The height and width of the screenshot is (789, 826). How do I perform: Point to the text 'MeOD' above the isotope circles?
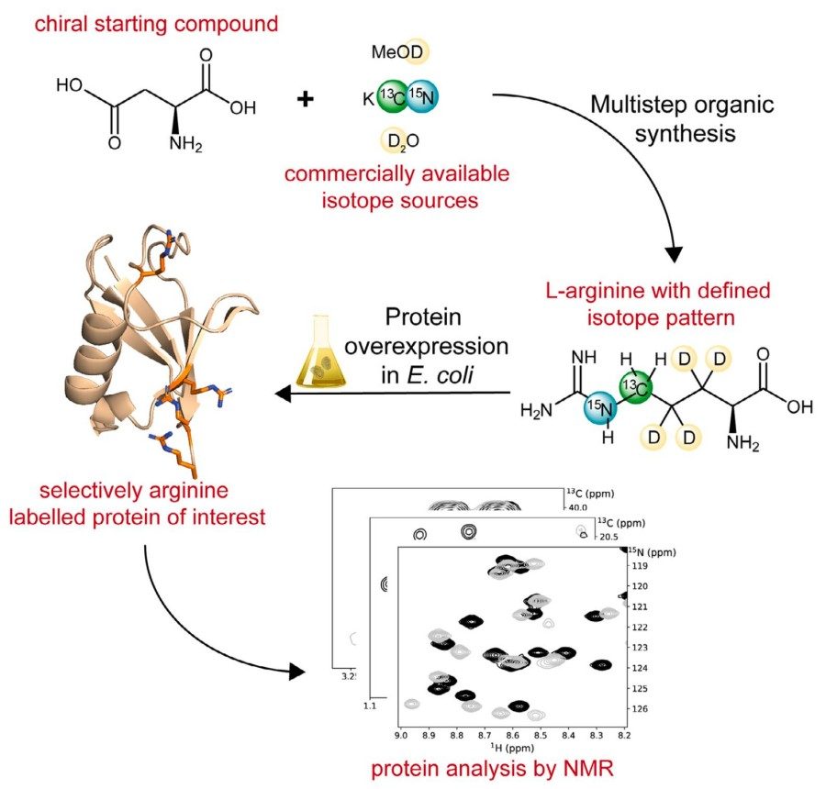coord(397,54)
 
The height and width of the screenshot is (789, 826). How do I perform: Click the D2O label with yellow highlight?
coord(397,140)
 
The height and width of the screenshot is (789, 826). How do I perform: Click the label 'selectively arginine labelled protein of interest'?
coord(137,504)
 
